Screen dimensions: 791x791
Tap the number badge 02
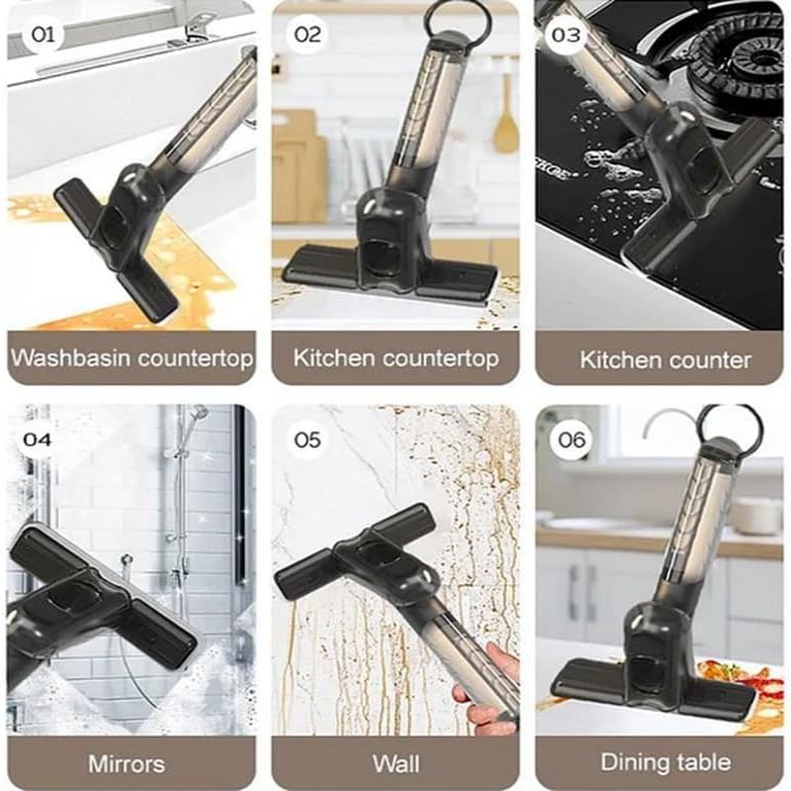(308, 36)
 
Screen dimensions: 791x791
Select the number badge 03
(568, 36)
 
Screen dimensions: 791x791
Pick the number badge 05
(308, 439)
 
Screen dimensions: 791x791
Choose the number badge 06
(571, 439)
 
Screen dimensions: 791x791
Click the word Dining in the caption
(633, 762)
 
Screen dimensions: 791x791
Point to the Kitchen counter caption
(664, 359)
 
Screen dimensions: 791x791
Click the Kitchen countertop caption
(395, 357)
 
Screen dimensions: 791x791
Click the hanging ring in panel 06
(729, 424)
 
